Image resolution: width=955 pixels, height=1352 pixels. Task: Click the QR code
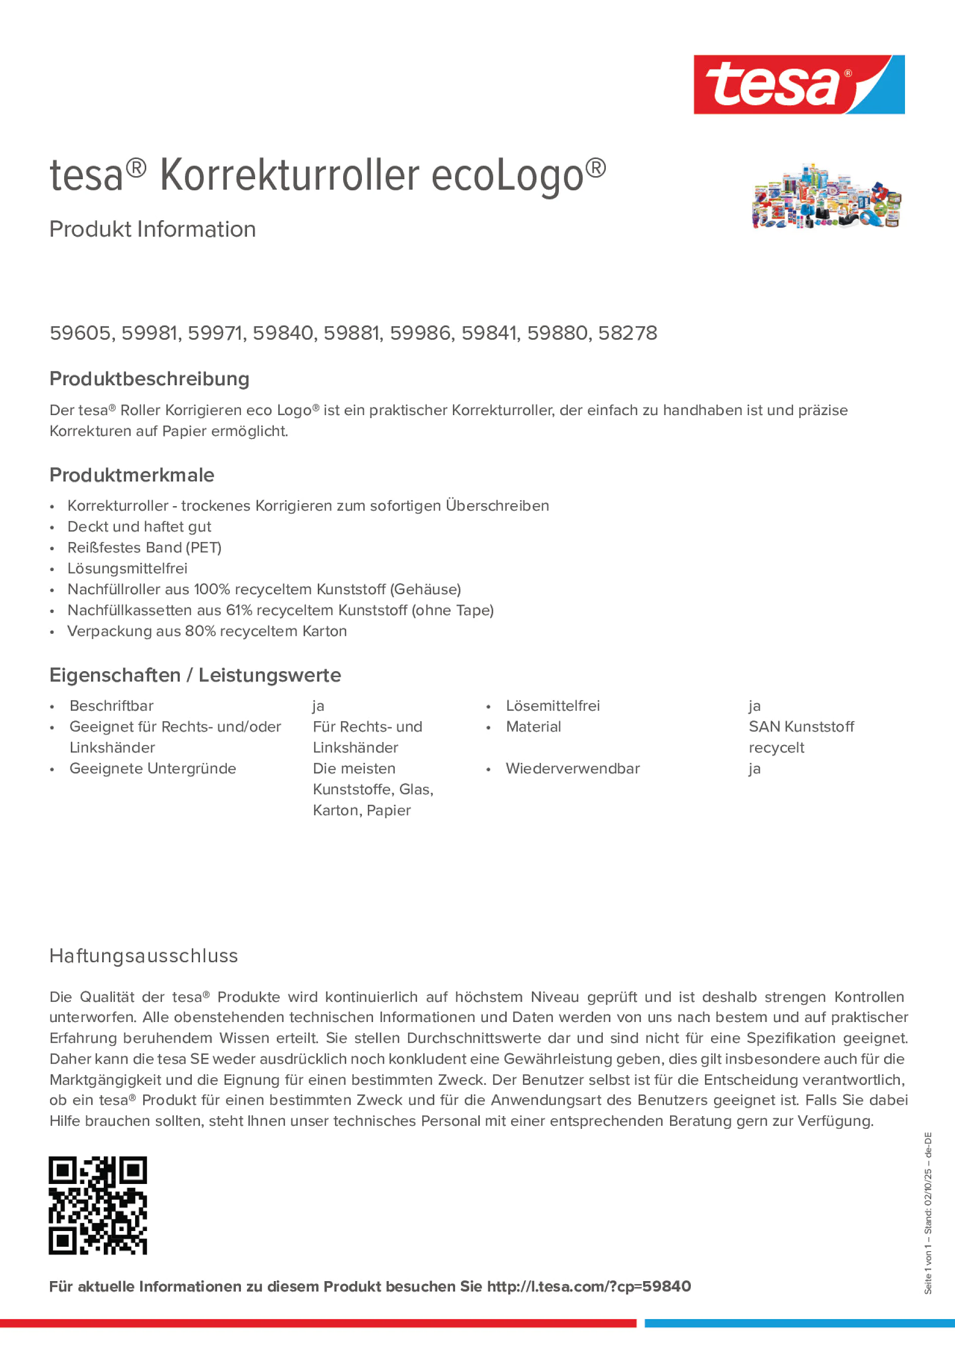[98, 1205]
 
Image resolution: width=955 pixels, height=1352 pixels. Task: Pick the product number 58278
[628, 333]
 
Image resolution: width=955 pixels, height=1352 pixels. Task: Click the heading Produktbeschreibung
[149, 379]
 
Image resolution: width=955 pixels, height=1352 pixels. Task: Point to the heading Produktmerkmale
[132, 475]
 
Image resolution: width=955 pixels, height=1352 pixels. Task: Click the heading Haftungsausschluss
[144, 956]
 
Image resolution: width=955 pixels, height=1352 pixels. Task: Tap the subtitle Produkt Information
[152, 229]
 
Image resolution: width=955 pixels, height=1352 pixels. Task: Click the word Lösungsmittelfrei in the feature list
[127, 569]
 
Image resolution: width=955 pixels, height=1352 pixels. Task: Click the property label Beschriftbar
[111, 706]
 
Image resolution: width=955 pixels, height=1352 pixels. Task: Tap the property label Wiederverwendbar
[572, 769]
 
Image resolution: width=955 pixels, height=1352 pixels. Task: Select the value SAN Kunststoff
[801, 727]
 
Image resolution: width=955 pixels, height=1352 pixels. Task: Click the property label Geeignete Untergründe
[152, 769]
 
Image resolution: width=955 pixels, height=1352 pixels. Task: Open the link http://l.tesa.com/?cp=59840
[589, 1287]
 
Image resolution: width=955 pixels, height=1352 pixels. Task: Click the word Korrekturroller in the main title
[289, 176]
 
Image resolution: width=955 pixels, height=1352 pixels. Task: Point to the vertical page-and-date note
[929, 1213]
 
